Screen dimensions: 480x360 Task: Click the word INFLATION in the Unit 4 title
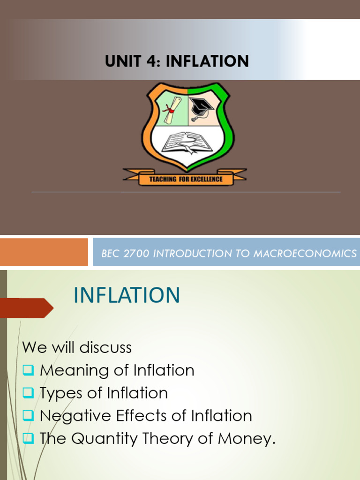(207, 61)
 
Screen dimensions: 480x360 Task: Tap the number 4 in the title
(152, 61)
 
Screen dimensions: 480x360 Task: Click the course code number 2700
(137, 254)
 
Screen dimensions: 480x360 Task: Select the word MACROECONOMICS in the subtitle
(305, 254)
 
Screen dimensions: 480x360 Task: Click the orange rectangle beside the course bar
(44, 252)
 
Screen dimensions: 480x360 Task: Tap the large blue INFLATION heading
(127, 295)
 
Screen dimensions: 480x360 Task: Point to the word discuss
(105, 347)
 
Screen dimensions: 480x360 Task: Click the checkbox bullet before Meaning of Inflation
(28, 370)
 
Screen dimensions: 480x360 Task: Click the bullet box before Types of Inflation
(28, 393)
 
